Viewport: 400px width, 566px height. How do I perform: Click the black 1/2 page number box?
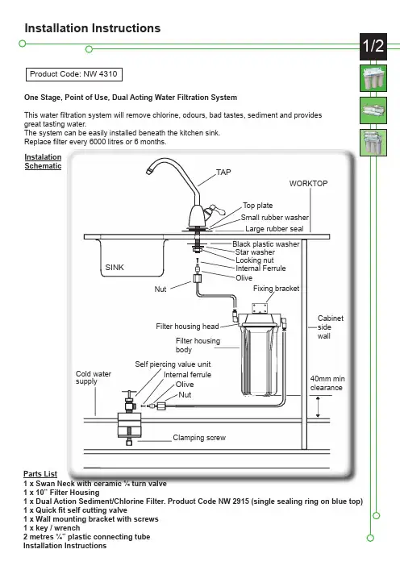click(x=373, y=47)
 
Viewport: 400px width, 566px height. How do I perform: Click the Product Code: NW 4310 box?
click(x=74, y=74)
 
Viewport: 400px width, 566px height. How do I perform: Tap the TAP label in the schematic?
click(x=223, y=173)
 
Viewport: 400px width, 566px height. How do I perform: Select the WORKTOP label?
click(x=308, y=183)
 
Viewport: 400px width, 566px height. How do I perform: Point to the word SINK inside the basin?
click(x=115, y=268)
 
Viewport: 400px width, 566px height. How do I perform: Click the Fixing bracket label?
click(x=276, y=289)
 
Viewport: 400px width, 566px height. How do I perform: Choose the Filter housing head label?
click(x=187, y=327)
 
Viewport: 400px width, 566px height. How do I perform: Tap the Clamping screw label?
click(x=199, y=438)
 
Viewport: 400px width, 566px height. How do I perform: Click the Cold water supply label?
click(x=94, y=377)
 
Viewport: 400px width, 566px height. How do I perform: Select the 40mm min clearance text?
click(x=327, y=383)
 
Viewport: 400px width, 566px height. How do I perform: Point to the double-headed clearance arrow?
click(x=318, y=407)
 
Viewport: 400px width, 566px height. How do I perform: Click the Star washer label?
click(x=255, y=252)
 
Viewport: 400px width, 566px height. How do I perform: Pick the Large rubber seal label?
click(x=274, y=229)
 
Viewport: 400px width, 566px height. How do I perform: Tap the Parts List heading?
click(x=40, y=473)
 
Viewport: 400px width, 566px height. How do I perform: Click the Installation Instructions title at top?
click(x=93, y=28)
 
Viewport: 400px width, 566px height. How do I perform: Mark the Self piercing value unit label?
click(x=173, y=364)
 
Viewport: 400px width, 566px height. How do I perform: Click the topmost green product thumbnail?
click(x=373, y=78)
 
